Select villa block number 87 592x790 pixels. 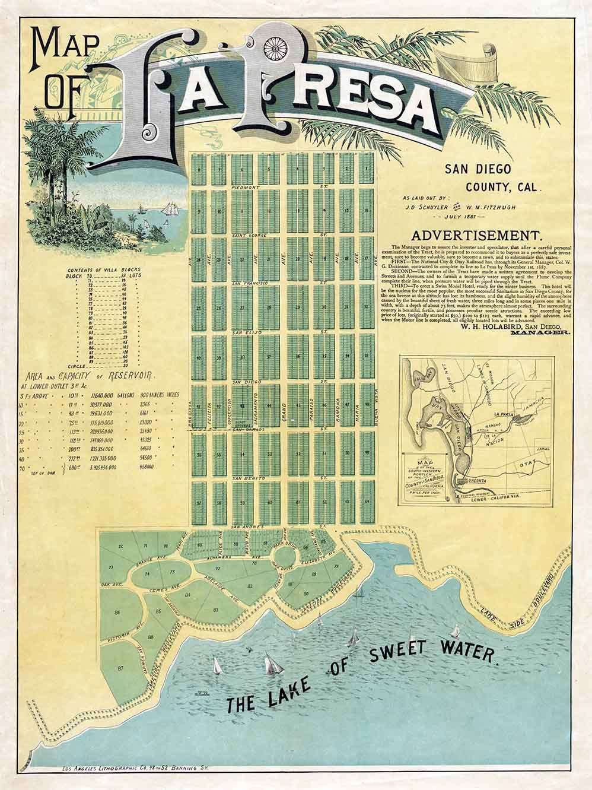121,668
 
